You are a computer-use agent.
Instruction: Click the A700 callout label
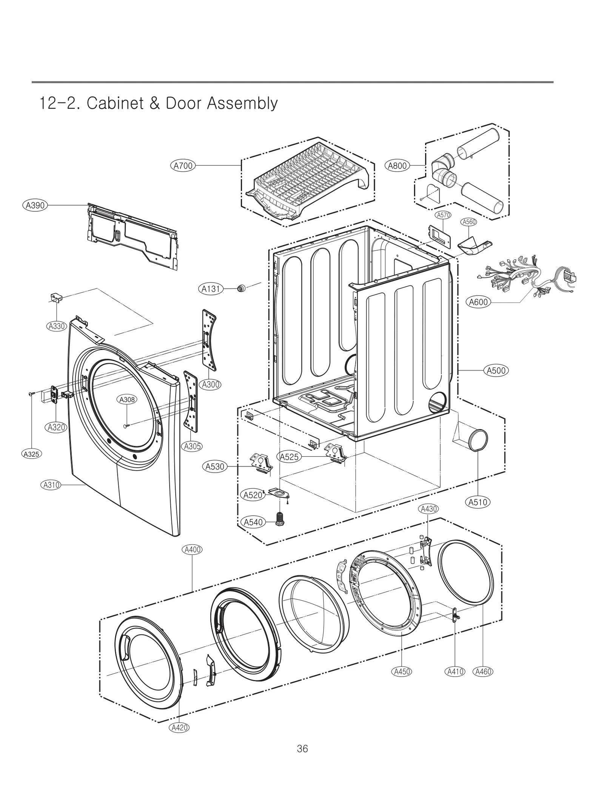pyautogui.click(x=183, y=166)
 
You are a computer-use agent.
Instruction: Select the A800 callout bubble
pyautogui.click(x=397, y=166)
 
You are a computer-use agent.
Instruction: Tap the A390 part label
pyautogui.click(x=35, y=205)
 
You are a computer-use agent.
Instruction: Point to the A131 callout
pyautogui.click(x=211, y=289)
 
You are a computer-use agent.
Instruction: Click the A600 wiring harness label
pyautogui.click(x=478, y=302)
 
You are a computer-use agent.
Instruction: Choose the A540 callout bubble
pyautogui.click(x=253, y=522)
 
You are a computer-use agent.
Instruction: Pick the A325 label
pyautogui.click(x=31, y=454)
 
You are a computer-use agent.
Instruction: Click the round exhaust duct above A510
pyautogui.click(x=478, y=440)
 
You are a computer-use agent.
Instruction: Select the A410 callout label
pyautogui.click(x=455, y=671)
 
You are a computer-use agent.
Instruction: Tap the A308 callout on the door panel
pyautogui.click(x=127, y=400)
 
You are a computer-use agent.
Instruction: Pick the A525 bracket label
pyautogui.click(x=289, y=457)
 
